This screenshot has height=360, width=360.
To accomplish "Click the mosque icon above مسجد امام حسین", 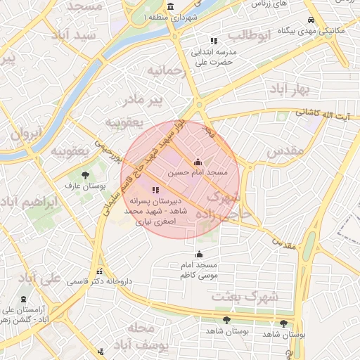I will tap(198, 162).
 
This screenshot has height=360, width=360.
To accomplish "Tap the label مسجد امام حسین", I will tap(198, 172).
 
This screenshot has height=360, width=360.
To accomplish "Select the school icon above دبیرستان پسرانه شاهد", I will tap(155, 190).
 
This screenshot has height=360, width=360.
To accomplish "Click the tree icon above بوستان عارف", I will tap(85, 176).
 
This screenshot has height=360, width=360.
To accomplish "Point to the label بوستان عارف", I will tap(85, 187).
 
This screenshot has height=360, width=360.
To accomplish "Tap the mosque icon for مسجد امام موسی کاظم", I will tap(200, 254).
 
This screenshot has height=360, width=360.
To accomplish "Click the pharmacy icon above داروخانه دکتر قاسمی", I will tap(99, 271).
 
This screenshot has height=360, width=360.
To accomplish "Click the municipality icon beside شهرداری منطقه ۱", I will tap(171, 6).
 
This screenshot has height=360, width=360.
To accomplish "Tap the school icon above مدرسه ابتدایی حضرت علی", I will tap(214, 41).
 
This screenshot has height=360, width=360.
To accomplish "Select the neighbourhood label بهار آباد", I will tap(288, 89).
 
